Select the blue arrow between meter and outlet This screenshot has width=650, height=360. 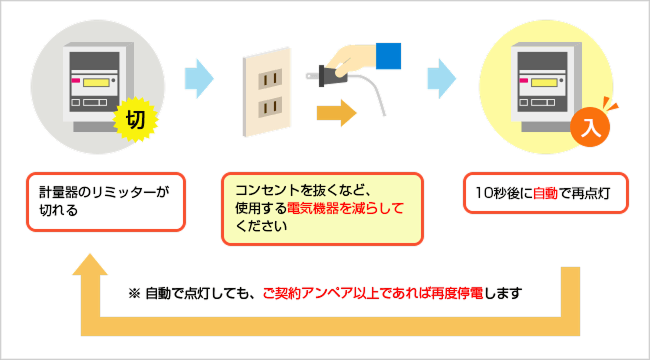(x=200, y=76)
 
